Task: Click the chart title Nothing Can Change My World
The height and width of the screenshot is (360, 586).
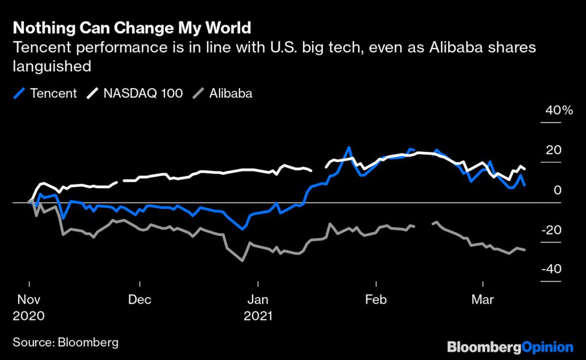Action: [131, 28]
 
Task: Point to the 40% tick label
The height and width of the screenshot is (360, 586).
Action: [559, 110]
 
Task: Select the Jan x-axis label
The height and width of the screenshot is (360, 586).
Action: [258, 299]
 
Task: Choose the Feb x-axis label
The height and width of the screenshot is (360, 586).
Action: [375, 299]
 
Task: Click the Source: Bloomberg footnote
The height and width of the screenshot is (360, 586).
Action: [65, 343]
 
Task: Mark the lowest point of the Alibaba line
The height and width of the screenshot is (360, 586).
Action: [242, 260]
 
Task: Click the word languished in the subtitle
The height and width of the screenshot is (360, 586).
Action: [52, 65]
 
